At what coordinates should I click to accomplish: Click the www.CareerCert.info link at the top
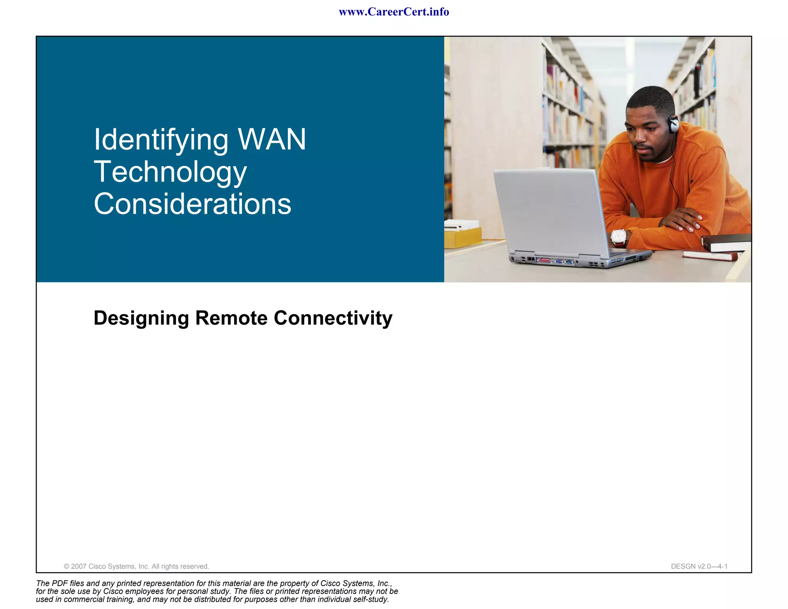(x=394, y=12)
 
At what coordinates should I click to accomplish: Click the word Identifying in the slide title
(x=161, y=140)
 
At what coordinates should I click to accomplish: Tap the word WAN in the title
(x=272, y=139)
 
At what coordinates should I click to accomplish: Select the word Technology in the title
(x=170, y=172)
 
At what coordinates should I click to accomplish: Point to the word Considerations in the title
(x=192, y=204)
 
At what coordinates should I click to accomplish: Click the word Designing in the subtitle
(x=141, y=318)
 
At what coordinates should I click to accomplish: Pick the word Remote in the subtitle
(x=231, y=318)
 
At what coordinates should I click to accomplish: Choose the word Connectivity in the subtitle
(x=333, y=318)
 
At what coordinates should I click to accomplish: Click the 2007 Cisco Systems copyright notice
(x=136, y=566)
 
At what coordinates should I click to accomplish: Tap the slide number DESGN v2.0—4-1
(x=699, y=566)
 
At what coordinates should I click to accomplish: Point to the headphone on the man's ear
(x=674, y=124)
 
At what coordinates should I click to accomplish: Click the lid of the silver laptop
(x=550, y=210)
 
